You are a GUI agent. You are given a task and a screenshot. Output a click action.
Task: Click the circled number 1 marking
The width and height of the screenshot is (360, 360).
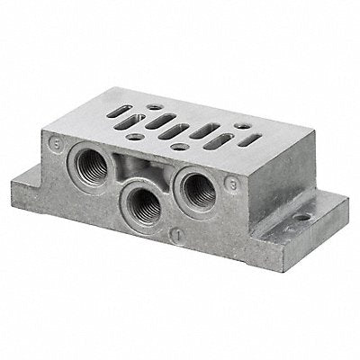(x=179, y=238)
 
